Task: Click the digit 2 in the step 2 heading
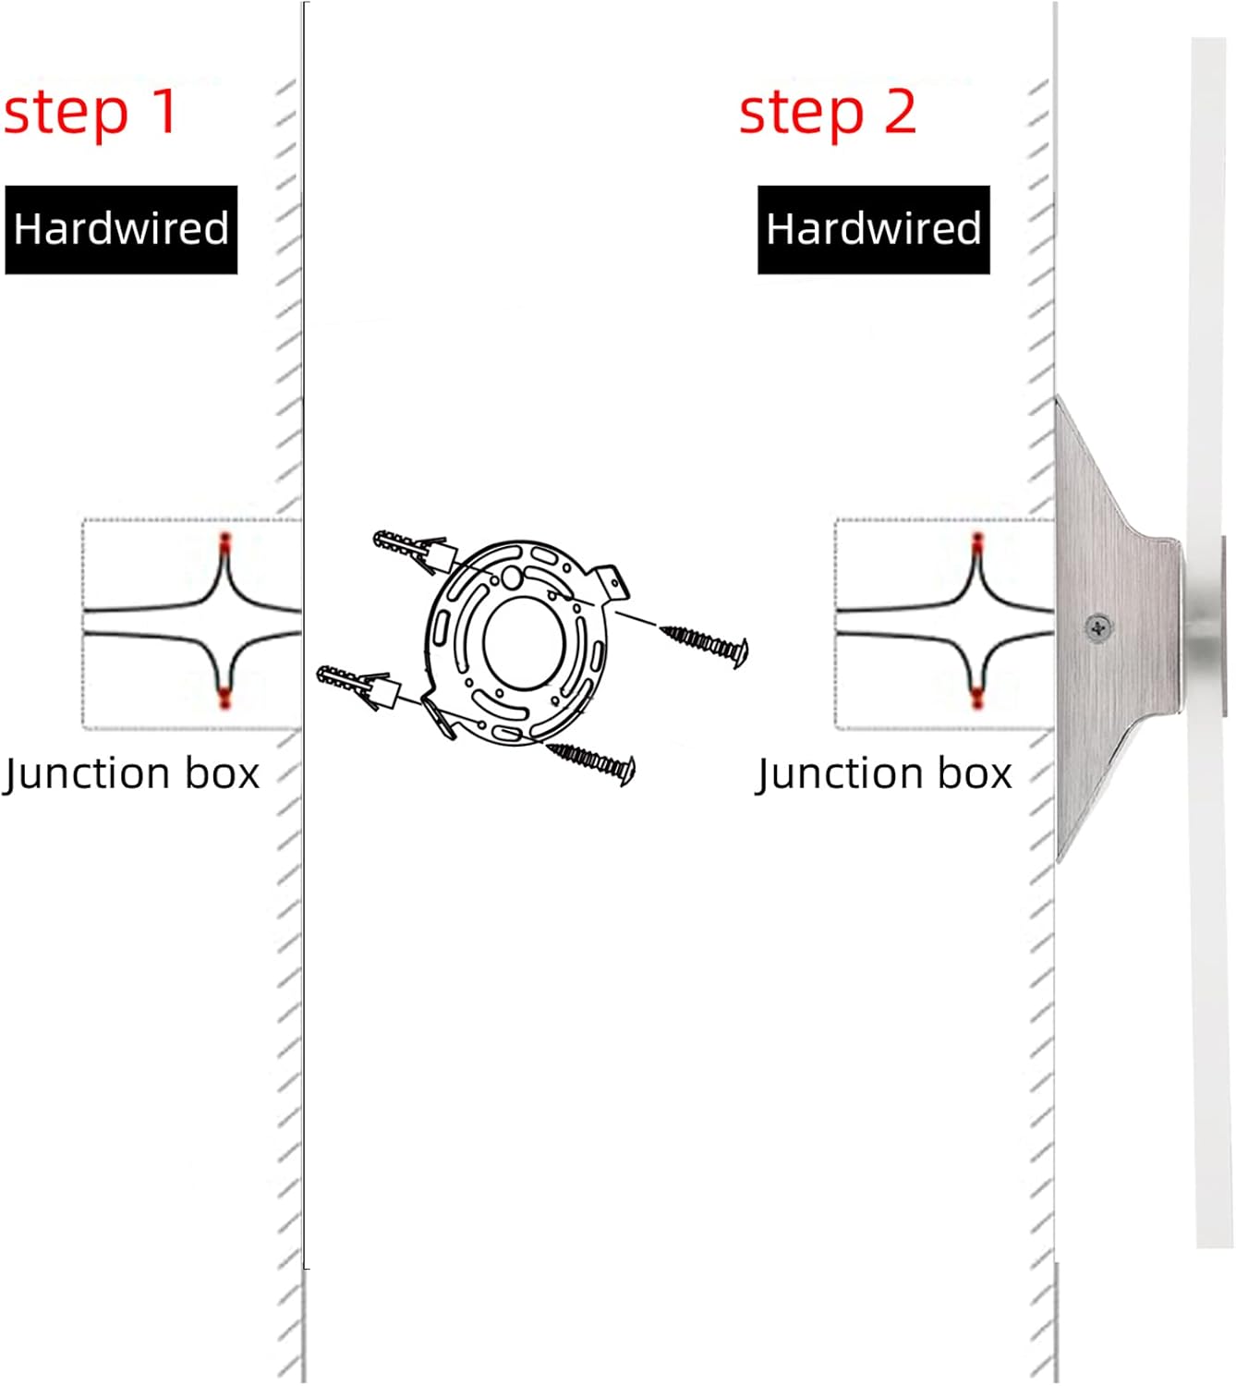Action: pyautogui.click(x=899, y=111)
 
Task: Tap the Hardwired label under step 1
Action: pyautogui.click(x=121, y=229)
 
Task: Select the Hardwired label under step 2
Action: pyautogui.click(x=874, y=229)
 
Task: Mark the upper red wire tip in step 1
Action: pyautogui.click(x=225, y=541)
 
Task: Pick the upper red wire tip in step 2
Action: pyautogui.click(x=977, y=541)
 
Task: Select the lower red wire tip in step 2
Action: pyautogui.click(x=977, y=698)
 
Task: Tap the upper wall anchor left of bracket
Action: pyautogui.click(x=415, y=552)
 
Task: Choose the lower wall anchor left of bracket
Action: pyautogui.click(x=357, y=687)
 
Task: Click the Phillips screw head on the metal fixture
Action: pyautogui.click(x=1098, y=627)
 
